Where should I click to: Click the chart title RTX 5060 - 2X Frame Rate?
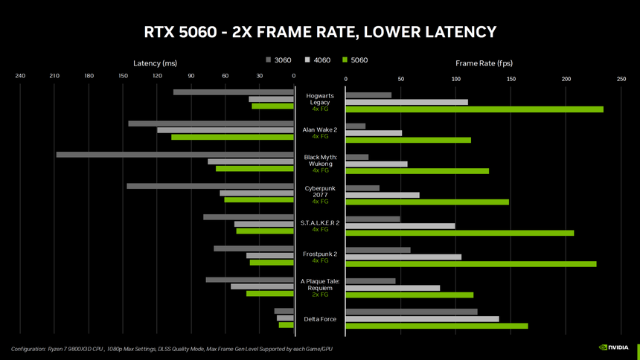tap(319, 32)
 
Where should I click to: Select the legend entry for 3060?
tap(278, 60)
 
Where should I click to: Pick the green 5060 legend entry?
tap(355, 60)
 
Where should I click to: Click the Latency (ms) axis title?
tap(155, 63)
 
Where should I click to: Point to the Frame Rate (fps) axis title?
tap(484, 63)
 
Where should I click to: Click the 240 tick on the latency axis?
tap(20, 77)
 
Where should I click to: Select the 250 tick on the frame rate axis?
tap(621, 78)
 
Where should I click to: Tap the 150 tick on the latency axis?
tap(123, 77)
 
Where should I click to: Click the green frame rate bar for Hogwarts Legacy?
tap(474, 109)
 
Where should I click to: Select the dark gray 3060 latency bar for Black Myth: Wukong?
tap(175, 155)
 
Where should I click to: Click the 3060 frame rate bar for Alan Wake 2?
tap(356, 126)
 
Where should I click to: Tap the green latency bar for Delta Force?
tap(287, 325)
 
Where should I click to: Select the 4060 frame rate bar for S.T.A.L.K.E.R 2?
tap(400, 226)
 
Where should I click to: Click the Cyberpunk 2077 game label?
tap(320, 191)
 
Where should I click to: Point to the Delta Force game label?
tap(320, 319)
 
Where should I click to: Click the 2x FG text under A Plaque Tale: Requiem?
tap(320, 295)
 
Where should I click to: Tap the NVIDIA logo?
tap(615, 347)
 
